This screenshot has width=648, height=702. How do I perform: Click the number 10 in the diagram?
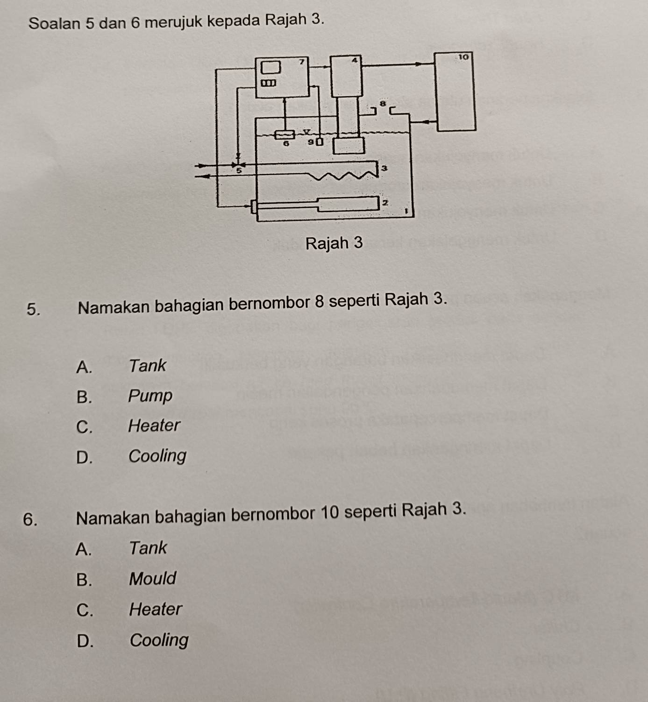coord(463,57)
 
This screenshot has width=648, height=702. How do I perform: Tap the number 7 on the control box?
coord(302,61)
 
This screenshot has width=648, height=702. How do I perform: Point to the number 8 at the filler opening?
coord(382,102)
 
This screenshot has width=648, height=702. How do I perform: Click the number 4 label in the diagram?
coord(355,59)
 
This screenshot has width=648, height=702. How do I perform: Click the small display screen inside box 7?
coord(272,67)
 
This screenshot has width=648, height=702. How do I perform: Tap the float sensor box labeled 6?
coord(285,135)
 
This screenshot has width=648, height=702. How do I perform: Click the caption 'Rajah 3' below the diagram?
coord(334,243)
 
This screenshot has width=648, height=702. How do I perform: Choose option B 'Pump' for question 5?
coord(150,396)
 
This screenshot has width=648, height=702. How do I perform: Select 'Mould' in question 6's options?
coord(153,579)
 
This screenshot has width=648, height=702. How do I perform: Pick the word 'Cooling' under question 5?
coord(157,456)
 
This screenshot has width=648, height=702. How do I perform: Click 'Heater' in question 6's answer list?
coord(155,609)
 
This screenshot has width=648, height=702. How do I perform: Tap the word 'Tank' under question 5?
coord(147,365)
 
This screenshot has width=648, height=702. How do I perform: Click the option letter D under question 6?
coord(85,641)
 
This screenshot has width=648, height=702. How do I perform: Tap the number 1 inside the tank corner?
coord(406,212)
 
